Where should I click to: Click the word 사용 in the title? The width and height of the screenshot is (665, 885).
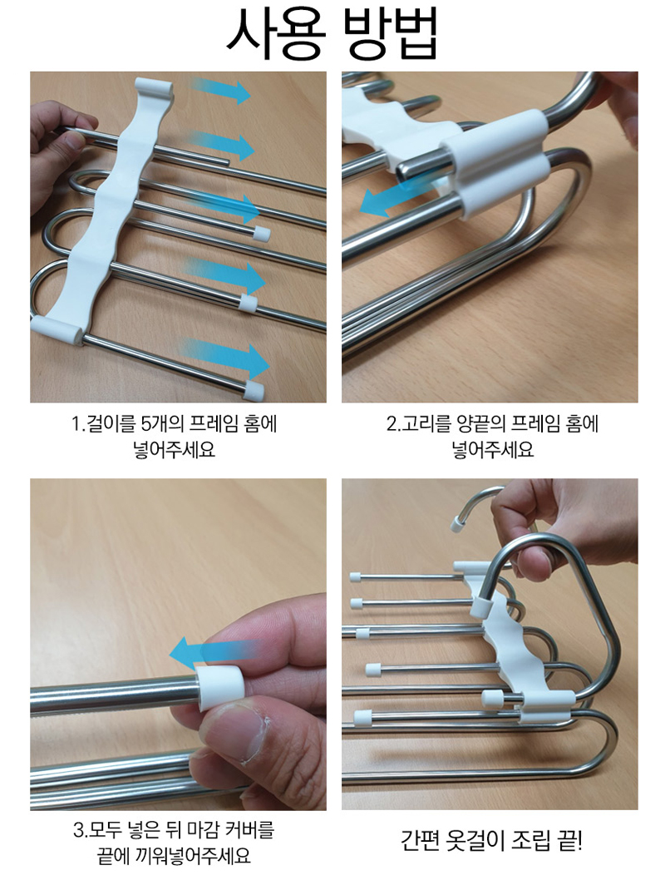click(x=276, y=33)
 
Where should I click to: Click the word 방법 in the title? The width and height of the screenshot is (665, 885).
click(x=392, y=33)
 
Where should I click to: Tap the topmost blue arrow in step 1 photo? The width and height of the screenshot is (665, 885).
click(x=221, y=91)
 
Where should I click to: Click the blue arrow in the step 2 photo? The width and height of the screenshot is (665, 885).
click(x=395, y=198)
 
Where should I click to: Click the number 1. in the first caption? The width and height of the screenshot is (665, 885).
click(x=79, y=424)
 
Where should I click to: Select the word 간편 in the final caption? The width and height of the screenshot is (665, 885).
click(x=420, y=841)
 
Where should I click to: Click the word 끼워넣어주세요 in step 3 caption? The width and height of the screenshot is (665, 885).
click(x=191, y=856)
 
